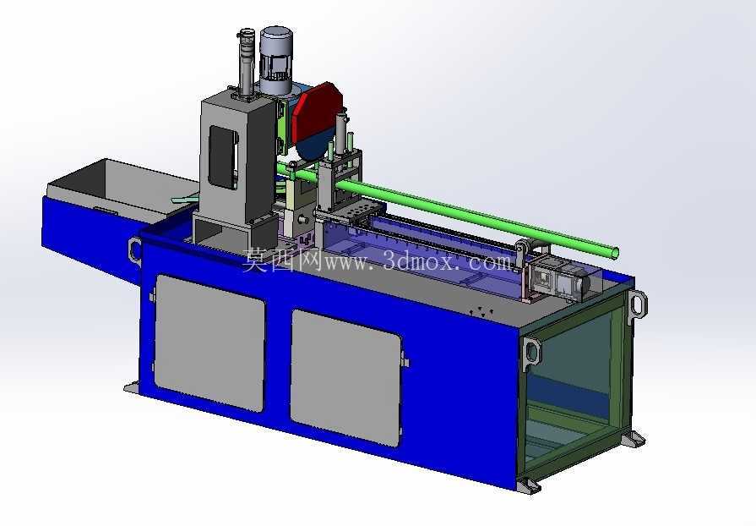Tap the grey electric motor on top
click(276, 60)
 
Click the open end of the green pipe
click(614, 252)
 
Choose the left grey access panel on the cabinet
click(209, 342)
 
